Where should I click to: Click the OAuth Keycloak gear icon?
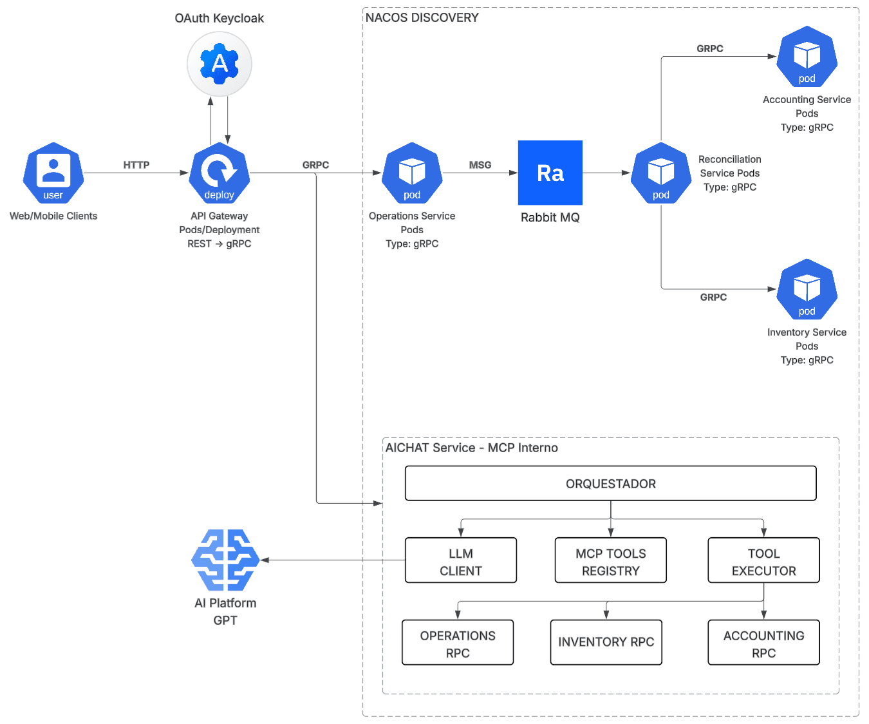click(x=219, y=64)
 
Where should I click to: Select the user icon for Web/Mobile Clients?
click(x=53, y=173)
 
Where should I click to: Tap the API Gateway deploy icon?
click(x=219, y=173)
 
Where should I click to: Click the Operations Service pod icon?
click(x=411, y=173)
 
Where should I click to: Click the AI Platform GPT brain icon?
click(x=225, y=559)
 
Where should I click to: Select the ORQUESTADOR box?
click(x=610, y=483)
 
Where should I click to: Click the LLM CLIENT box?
click(x=460, y=560)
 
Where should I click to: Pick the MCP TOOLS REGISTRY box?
click(x=610, y=560)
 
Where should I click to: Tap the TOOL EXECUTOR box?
click(x=763, y=560)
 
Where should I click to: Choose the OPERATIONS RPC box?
click(x=457, y=642)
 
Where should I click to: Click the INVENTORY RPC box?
click(x=606, y=642)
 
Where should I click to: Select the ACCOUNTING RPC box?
click(x=763, y=642)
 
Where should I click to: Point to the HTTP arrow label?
click(x=136, y=165)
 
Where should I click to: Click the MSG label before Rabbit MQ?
click(x=480, y=165)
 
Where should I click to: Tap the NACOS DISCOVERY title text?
click(x=422, y=17)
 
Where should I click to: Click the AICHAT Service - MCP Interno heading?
click(x=471, y=447)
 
